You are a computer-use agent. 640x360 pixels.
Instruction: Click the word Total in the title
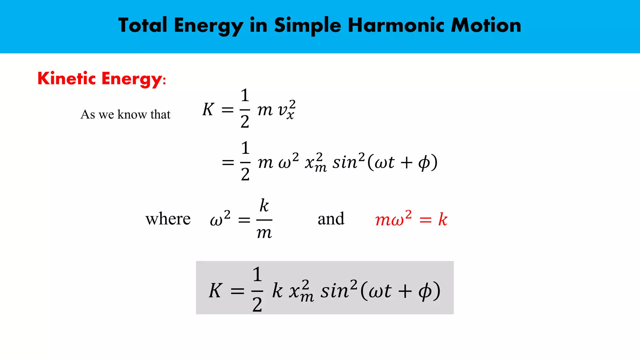tap(142, 25)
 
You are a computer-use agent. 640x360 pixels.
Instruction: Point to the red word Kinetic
tap(67, 78)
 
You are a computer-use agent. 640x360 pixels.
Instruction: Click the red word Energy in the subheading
tap(132, 79)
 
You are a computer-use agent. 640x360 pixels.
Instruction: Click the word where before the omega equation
tap(168, 219)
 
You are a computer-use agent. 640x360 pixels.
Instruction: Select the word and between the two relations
tap(331, 219)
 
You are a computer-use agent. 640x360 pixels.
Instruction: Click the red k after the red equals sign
tap(442, 219)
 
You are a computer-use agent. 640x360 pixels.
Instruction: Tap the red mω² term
tap(393, 219)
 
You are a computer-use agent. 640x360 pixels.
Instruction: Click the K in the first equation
tap(208, 109)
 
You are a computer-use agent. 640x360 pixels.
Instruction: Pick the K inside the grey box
tap(216, 290)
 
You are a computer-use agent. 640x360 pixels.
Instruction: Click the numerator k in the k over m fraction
tap(264, 205)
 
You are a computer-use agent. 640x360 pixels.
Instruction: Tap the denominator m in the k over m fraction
tap(264, 233)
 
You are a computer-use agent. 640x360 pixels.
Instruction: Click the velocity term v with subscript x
tap(286, 110)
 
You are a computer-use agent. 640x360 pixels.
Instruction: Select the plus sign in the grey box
tap(405, 291)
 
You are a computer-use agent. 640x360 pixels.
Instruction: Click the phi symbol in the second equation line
tap(424, 163)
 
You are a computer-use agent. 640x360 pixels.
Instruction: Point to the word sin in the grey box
tap(334, 291)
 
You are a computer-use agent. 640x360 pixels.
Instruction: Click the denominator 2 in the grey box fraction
tap(257, 304)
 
